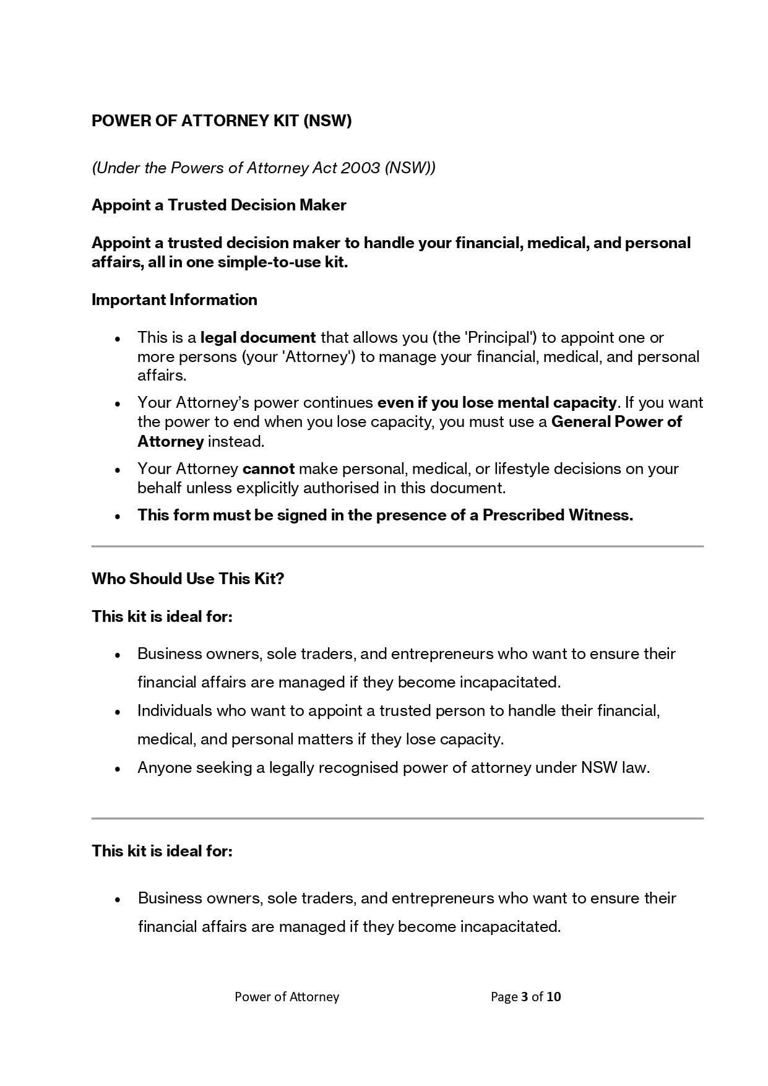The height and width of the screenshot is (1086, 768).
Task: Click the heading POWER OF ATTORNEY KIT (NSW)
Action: (x=222, y=121)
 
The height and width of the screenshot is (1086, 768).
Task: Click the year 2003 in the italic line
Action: (x=360, y=168)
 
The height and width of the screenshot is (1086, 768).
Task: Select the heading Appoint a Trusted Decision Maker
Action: (x=218, y=205)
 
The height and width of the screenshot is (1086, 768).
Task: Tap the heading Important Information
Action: (x=174, y=300)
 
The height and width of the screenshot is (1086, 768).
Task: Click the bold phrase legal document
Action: (x=258, y=337)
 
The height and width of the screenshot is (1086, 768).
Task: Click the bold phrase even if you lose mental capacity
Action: (x=497, y=402)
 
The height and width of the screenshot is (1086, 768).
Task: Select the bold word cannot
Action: (x=269, y=468)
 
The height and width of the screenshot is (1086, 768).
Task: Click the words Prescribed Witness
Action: (x=557, y=515)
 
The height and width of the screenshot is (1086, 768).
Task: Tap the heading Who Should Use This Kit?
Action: (x=188, y=579)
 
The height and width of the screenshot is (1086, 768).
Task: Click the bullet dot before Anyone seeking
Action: (x=118, y=769)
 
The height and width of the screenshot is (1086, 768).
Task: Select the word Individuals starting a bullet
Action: (x=175, y=710)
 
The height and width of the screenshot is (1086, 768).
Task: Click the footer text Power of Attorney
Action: (x=287, y=996)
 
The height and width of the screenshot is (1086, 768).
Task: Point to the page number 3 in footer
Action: (x=525, y=996)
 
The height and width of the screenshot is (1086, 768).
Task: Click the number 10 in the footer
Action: (x=554, y=996)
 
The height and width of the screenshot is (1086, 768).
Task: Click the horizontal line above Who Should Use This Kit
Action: (x=397, y=546)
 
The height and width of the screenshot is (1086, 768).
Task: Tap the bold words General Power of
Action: (x=616, y=421)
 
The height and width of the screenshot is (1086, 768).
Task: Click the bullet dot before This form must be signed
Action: (x=118, y=517)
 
